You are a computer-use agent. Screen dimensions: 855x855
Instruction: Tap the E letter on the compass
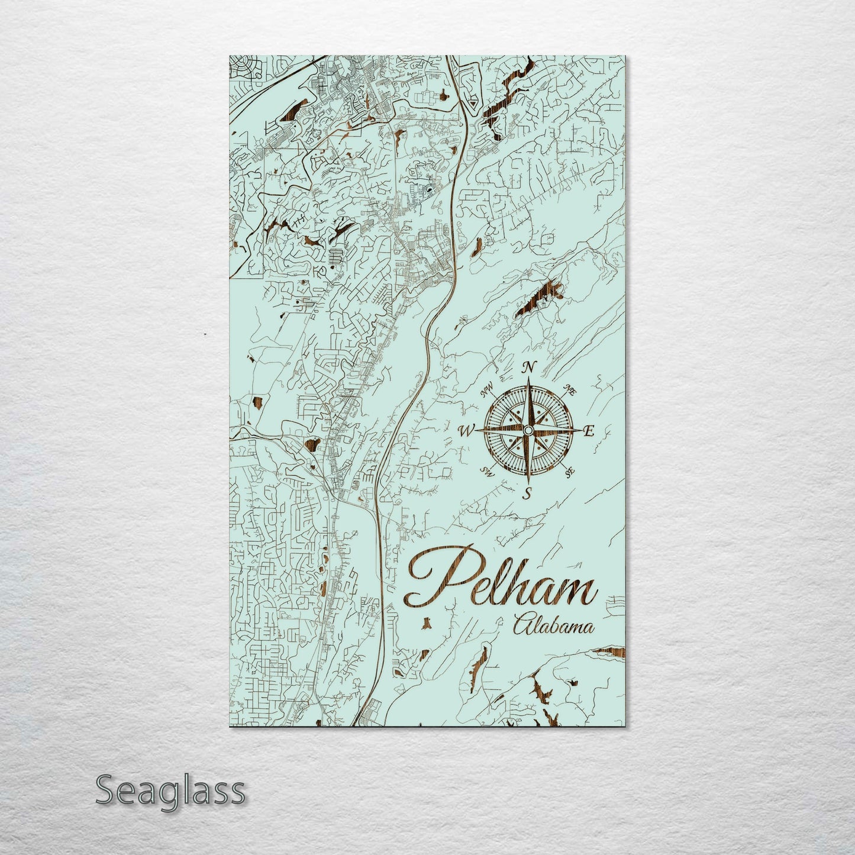(589, 431)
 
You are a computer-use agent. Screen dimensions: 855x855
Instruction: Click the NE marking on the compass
(572, 389)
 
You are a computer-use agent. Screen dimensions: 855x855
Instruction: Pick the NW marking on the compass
(487, 390)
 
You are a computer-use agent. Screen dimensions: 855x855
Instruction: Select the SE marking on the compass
(570, 472)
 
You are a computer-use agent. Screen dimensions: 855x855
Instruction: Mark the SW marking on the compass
(488, 472)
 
